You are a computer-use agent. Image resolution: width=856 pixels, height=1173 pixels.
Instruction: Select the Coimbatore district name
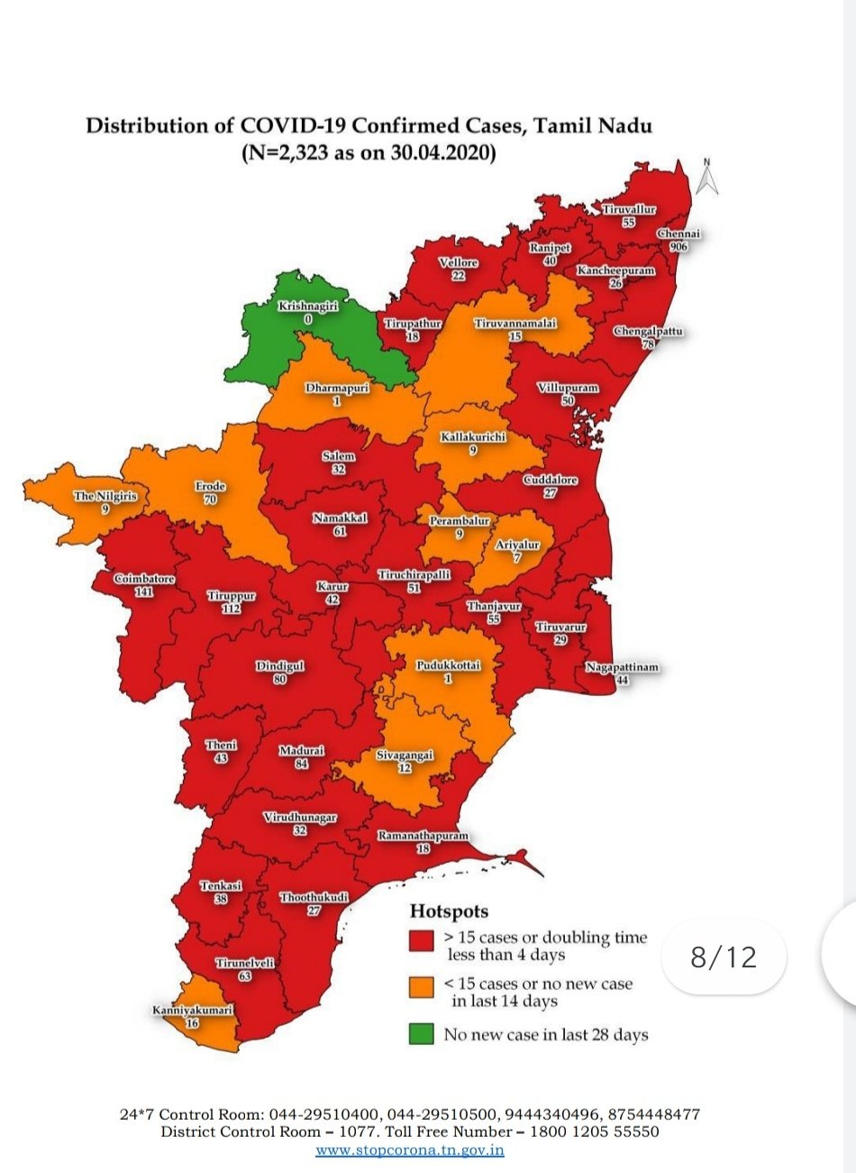(x=144, y=579)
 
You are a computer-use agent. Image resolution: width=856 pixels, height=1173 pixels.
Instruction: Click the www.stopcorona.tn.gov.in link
(x=410, y=1150)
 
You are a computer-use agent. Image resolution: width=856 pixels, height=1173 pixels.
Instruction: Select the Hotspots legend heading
(x=449, y=911)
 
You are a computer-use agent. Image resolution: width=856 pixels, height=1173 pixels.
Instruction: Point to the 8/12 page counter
(x=724, y=957)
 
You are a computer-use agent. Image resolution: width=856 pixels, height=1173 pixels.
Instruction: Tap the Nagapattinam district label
(x=622, y=668)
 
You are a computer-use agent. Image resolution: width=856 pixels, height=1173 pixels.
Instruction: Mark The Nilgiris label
(x=105, y=496)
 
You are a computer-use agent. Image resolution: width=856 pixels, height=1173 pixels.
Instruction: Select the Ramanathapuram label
(x=423, y=837)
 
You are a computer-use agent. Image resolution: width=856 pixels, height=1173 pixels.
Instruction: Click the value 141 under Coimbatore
(x=144, y=591)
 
